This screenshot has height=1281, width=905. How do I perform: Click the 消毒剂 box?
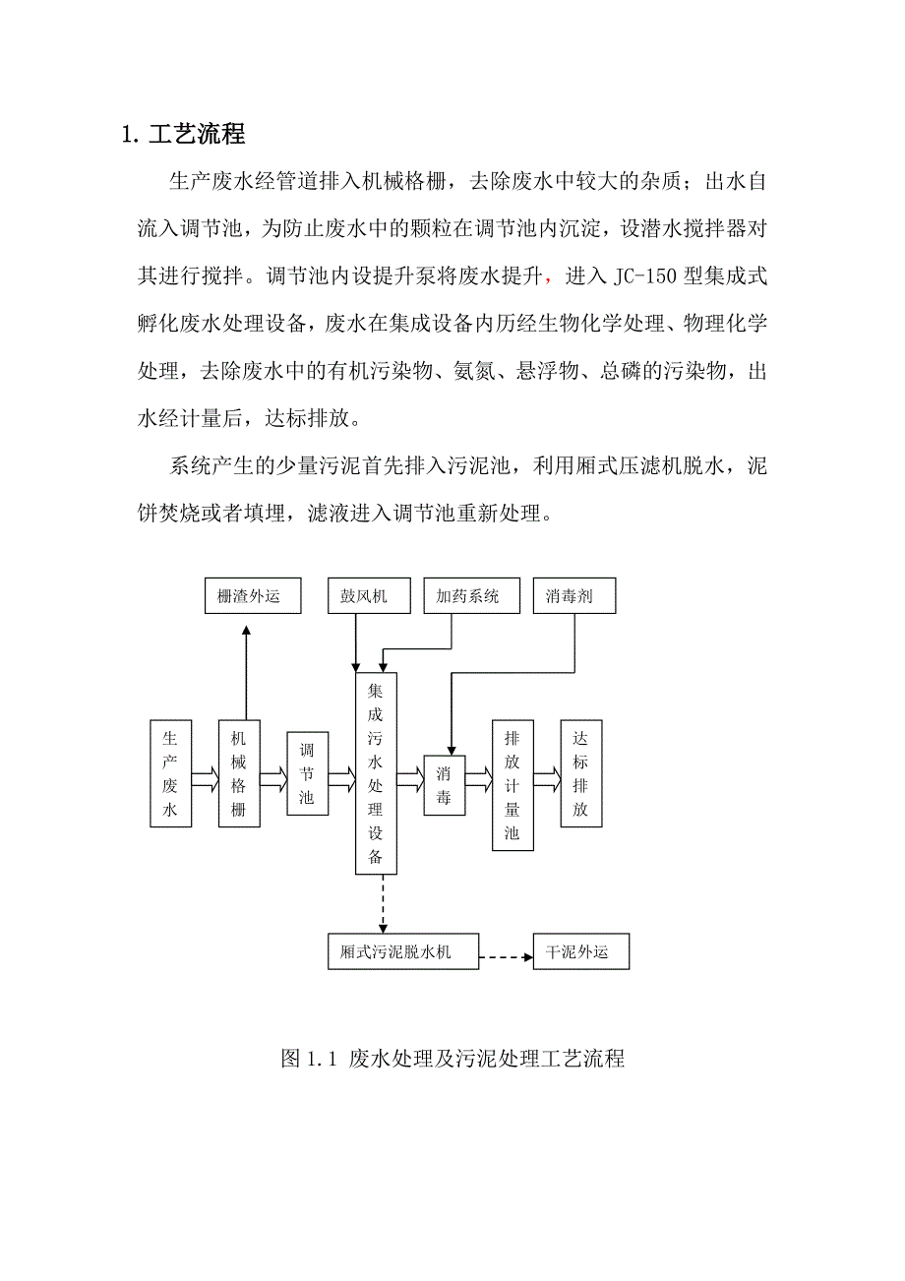pos(573,596)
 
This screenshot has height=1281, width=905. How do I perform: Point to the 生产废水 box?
pos(170,773)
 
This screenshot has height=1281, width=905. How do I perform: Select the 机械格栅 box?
pos(239,773)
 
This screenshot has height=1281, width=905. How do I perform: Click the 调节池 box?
pos(307,773)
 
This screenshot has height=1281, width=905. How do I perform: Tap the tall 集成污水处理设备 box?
pos(376,773)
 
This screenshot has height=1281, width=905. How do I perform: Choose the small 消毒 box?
pos(444,784)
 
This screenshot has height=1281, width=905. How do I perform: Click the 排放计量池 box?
pos(513,784)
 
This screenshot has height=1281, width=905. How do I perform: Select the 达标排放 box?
pos(580,773)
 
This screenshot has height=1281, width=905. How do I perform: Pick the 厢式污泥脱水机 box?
pos(403,952)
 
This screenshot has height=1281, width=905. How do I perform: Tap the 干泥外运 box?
pos(580,952)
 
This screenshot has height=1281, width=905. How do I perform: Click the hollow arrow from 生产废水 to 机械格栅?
pos(205,779)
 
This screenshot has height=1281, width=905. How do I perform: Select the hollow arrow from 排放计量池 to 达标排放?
pos(546,779)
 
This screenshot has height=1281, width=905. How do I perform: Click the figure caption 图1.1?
pos(452,1059)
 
